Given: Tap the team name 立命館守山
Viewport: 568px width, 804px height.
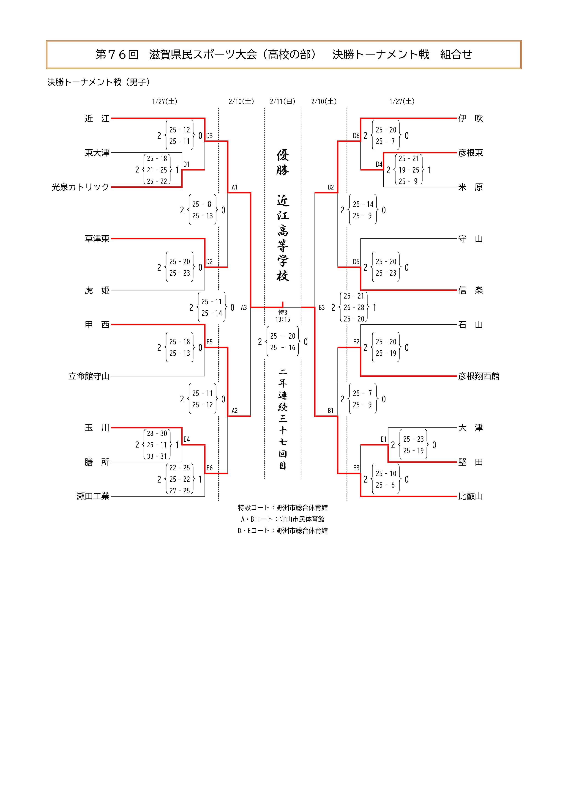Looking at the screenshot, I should point(89,376).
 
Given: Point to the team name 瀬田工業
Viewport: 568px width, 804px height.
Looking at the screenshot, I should point(93,496).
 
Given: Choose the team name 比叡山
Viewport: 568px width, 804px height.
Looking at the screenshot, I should point(470,496).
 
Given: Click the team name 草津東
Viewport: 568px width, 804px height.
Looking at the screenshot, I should point(97,239).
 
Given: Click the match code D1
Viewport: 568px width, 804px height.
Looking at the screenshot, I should point(186,164).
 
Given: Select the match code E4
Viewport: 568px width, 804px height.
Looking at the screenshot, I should point(186,439).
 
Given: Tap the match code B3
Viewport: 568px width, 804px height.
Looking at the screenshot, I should point(322,307).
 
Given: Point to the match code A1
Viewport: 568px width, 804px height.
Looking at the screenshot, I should point(235,187).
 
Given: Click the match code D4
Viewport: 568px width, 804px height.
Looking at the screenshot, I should point(379,164).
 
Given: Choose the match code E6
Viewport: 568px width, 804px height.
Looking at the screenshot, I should point(209,468).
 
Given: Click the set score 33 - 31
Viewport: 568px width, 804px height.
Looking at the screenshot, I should point(157,456).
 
